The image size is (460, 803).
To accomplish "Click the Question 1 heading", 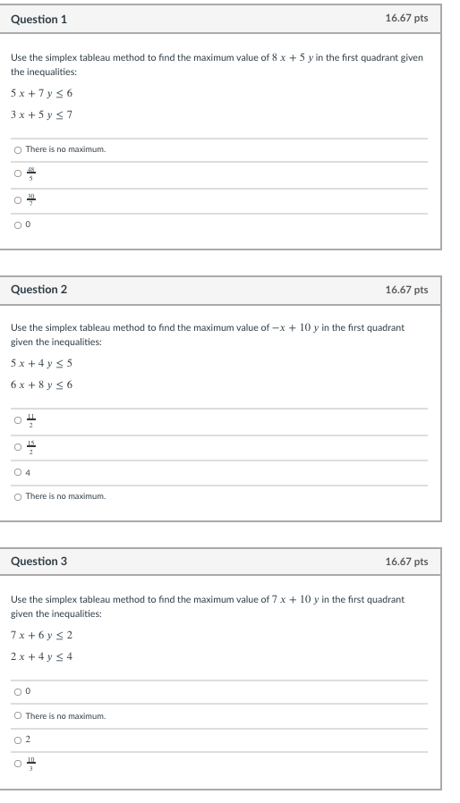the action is tap(38, 19).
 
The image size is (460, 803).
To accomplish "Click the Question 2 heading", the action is tap(38, 290).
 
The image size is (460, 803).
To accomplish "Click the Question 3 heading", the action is tap(38, 562).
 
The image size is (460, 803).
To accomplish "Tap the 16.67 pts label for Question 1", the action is tap(406, 19).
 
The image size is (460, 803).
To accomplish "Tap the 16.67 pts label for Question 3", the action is tap(406, 562).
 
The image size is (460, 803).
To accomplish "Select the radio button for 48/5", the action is tap(17, 174).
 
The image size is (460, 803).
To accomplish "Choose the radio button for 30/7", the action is tap(17, 199).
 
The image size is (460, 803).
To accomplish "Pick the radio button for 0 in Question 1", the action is tap(17, 224).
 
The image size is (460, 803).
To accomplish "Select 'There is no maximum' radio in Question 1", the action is tap(17, 149).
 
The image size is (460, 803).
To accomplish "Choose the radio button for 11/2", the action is tap(17, 420).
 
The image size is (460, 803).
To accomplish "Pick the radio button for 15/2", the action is tap(17, 446).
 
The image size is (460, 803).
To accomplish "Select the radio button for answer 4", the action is tap(17, 471).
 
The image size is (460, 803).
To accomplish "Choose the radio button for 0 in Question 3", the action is tap(17, 691).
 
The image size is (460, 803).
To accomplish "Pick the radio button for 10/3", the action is tap(17, 764).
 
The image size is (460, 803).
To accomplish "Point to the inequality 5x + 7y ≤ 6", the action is tap(41, 93).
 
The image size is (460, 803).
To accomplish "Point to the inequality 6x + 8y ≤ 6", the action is tap(41, 385).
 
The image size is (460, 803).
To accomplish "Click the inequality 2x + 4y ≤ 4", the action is tap(41, 656).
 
